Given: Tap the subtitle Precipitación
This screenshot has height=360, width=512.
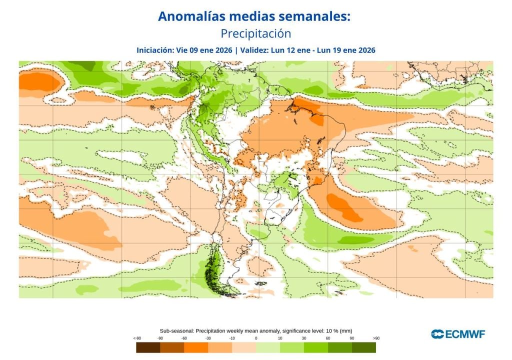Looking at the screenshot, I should click(x=255, y=33).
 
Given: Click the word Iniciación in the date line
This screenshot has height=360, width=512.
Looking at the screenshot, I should click(x=154, y=50).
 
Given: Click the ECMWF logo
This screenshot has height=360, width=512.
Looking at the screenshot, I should click(x=457, y=333).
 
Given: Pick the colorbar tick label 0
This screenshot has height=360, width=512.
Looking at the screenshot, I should click(x=256, y=338).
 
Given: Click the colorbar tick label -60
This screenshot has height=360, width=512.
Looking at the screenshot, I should click(x=184, y=338).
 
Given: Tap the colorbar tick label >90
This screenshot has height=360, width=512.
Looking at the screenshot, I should click(x=375, y=338).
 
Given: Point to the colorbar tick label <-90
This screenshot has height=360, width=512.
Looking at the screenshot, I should click(x=136, y=338).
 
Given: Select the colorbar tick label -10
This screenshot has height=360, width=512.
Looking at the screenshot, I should click(x=232, y=338).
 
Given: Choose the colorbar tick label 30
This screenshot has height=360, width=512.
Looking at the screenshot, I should click(x=304, y=338).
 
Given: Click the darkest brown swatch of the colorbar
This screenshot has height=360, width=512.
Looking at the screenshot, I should click(x=148, y=347).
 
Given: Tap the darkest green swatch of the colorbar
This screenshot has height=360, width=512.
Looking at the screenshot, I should click(x=364, y=347).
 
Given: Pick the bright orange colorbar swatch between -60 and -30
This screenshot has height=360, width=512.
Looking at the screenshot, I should click(x=196, y=347).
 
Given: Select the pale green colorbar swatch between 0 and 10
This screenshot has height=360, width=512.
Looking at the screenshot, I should click(x=268, y=347).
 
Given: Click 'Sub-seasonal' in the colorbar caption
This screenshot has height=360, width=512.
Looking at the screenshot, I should click(x=176, y=331).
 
